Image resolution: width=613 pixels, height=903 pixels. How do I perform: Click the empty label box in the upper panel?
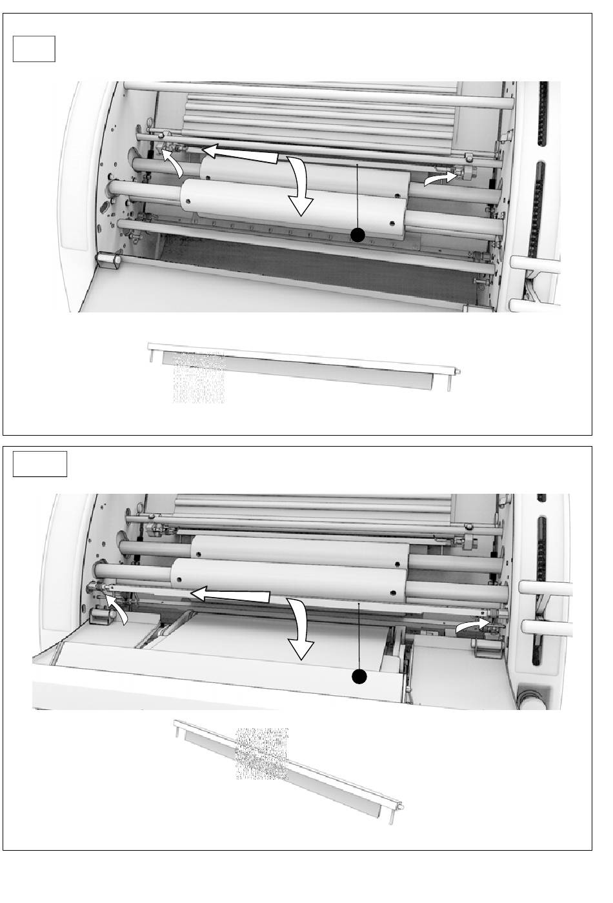(x=34, y=49)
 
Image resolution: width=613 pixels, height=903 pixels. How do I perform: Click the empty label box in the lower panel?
(x=40, y=463)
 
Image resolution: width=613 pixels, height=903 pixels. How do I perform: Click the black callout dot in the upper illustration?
(x=357, y=236)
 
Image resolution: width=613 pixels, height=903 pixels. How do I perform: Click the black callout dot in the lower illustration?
(x=359, y=676)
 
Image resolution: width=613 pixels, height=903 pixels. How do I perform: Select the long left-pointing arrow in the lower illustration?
(x=232, y=595)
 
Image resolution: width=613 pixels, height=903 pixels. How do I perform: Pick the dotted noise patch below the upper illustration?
(x=199, y=378)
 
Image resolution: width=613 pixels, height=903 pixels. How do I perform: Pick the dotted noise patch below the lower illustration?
(x=262, y=753)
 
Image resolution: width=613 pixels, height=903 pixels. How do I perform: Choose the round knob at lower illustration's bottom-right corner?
(x=532, y=698)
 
